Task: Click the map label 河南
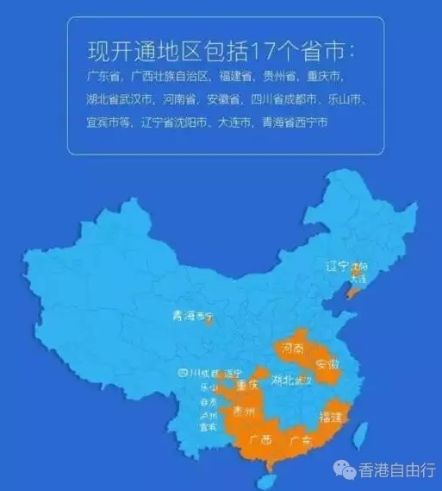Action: coord(294,350)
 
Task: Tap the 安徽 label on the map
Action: coord(328,364)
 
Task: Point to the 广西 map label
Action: coord(259,440)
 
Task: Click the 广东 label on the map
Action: coord(300,440)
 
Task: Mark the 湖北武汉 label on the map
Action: coord(290,381)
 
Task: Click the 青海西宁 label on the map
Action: coord(191,317)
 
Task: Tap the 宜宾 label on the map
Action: coord(208,426)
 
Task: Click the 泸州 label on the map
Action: coord(208,414)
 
